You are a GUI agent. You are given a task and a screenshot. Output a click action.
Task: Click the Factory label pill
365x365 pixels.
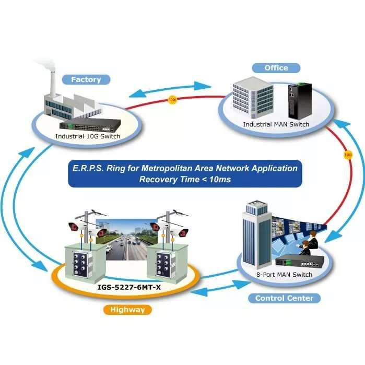point(86,80)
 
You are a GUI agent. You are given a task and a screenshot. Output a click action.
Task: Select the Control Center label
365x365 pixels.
point(284,298)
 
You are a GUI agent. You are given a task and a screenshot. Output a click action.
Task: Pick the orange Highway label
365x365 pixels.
point(127,310)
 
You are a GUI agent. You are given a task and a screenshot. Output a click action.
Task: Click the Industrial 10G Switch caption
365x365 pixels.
point(88,136)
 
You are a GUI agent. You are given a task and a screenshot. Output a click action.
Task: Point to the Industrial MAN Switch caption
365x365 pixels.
point(276,124)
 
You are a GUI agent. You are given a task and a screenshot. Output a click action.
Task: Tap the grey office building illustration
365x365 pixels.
point(253,100)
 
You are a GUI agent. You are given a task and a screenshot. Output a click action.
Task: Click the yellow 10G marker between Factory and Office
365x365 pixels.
point(173,99)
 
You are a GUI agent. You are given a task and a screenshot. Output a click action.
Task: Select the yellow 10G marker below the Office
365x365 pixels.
point(348,155)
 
